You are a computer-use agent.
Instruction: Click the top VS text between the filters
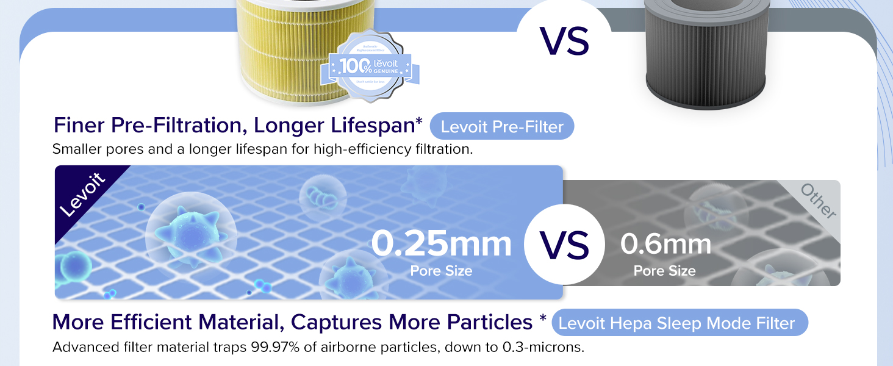564,41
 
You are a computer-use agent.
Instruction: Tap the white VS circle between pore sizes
564,245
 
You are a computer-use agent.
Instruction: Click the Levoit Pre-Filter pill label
501,127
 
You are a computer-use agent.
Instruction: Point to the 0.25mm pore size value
441,243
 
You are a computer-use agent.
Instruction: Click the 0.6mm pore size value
665,244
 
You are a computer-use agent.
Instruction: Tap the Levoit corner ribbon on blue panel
83,195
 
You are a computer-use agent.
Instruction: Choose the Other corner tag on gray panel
818,201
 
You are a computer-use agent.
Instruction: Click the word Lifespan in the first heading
371,125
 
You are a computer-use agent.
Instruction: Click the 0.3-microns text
543,348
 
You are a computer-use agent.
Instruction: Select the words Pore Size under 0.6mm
664,271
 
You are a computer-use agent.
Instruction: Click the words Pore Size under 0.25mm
441,271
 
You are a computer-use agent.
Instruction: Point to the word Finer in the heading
79,125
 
